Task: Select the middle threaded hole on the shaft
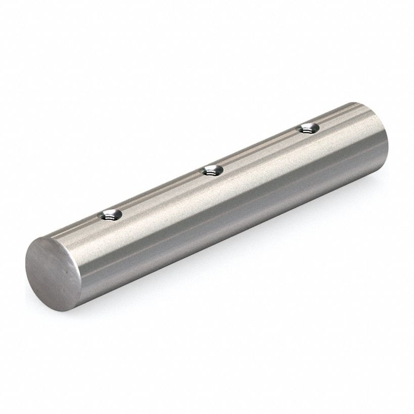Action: (212, 171)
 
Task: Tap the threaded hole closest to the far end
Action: (307, 128)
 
